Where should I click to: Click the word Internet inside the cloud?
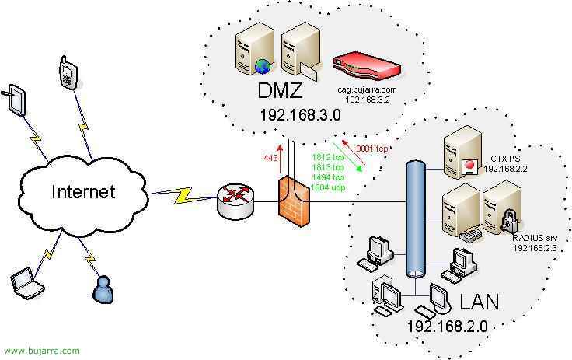tap(83, 192)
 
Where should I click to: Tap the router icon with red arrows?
tap(235, 201)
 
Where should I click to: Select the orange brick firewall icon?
tap(295, 201)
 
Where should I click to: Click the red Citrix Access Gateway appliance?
tap(367, 68)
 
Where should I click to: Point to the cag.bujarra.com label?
tap(367, 89)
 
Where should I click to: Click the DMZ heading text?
tap(280, 90)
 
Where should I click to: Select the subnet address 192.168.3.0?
tap(300, 115)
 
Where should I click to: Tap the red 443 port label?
tap(270, 158)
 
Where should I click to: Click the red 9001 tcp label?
tap(371, 149)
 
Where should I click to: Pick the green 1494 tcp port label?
tap(327, 177)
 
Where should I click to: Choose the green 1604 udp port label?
tap(328, 187)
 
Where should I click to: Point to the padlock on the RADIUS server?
tap(508, 220)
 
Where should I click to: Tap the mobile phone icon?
tap(68, 72)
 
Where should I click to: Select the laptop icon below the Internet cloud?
tap(27, 282)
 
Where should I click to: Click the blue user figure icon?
tap(103, 290)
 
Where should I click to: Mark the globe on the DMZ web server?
tap(263, 66)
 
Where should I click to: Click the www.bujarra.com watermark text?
tap(42, 351)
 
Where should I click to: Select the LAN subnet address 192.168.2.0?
tap(447, 326)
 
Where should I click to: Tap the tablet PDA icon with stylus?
tap(16, 100)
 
